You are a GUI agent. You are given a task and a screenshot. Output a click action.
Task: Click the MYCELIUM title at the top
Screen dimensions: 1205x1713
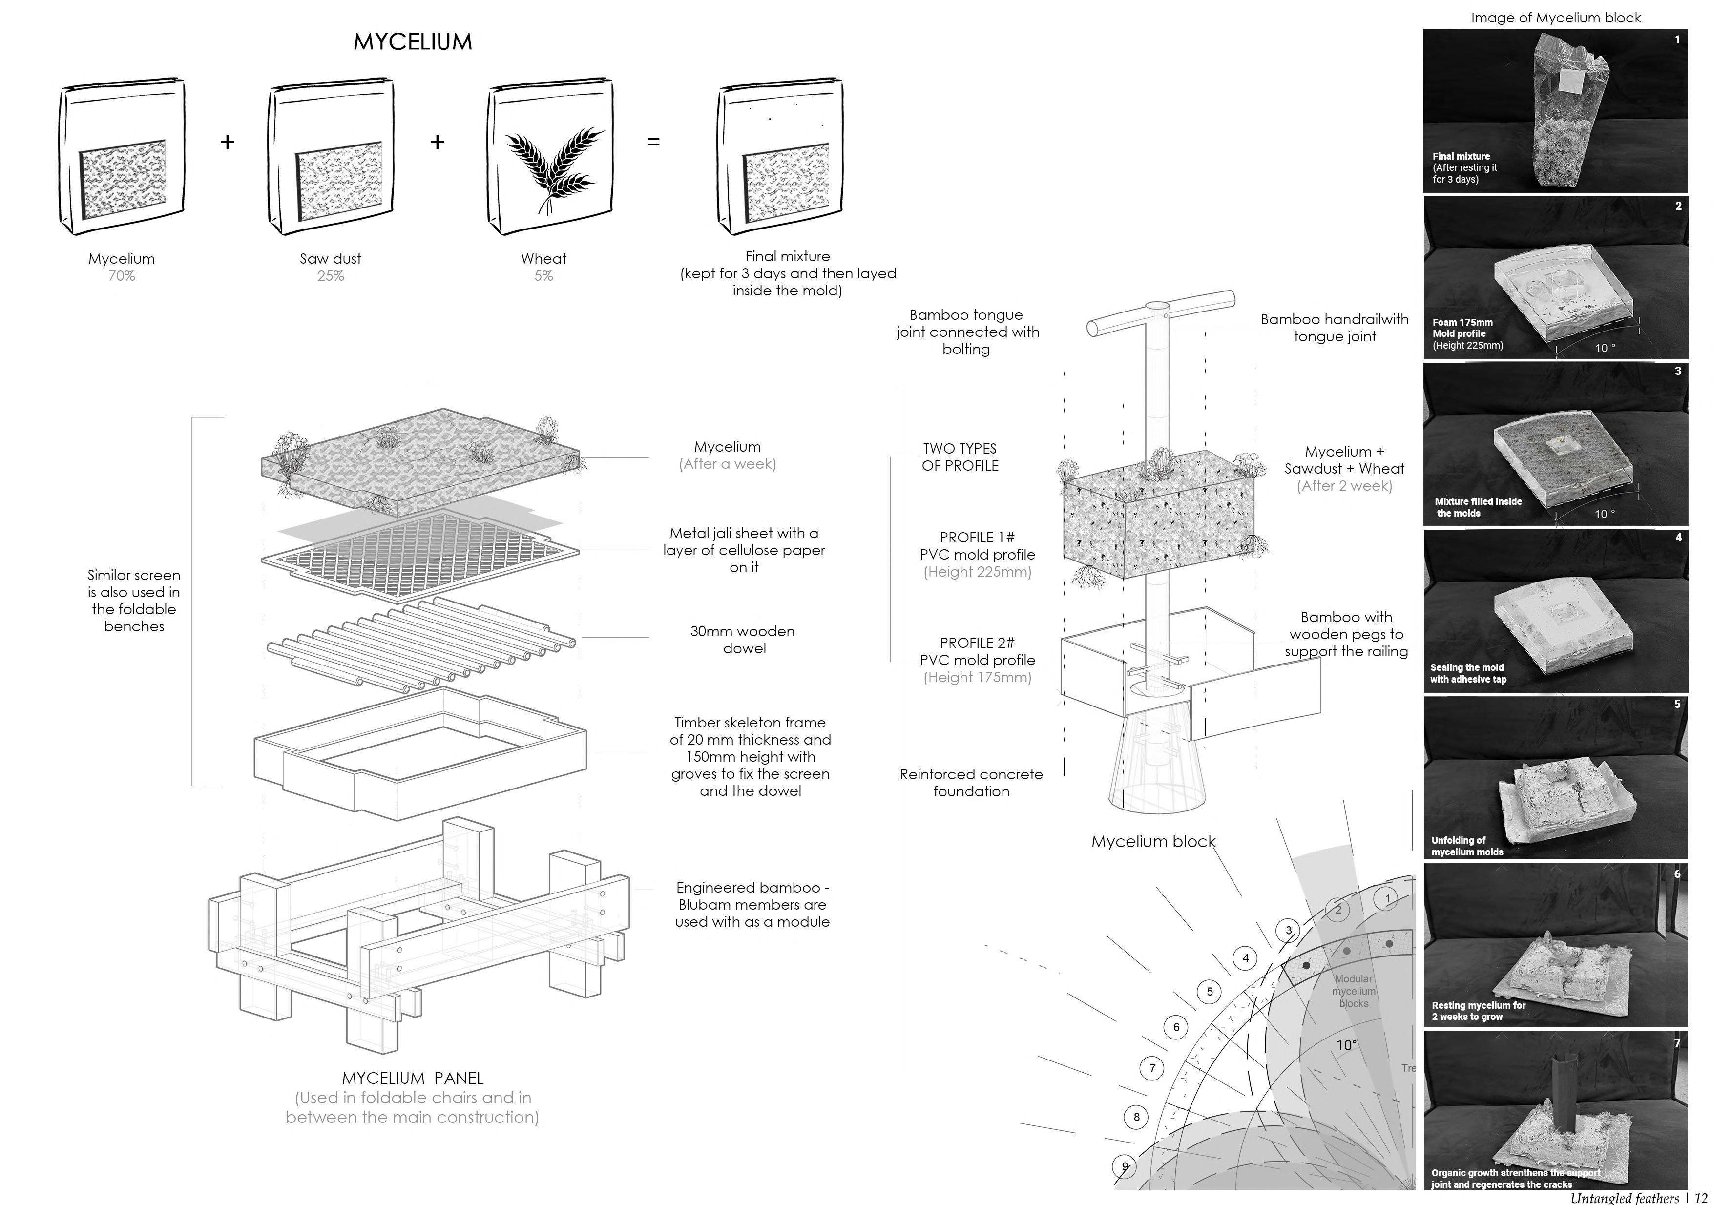pyautogui.click(x=413, y=42)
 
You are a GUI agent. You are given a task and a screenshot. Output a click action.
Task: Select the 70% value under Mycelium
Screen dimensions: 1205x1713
pyautogui.click(x=122, y=276)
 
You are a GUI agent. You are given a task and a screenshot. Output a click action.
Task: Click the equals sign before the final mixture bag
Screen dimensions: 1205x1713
pyautogui.click(x=653, y=142)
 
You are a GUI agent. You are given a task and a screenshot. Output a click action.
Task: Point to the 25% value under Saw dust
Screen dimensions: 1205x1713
pyautogui.click(x=331, y=276)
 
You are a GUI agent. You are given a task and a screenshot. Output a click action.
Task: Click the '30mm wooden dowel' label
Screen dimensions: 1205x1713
pyautogui.click(x=743, y=640)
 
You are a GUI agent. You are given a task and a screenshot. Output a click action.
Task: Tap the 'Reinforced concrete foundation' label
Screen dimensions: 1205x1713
pyautogui.click(x=971, y=783)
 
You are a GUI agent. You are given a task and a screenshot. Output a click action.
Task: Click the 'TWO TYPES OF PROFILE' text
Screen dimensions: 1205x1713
pyautogui.click(x=960, y=457)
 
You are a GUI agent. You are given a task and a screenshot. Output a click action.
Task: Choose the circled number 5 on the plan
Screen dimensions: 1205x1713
pyautogui.click(x=1210, y=992)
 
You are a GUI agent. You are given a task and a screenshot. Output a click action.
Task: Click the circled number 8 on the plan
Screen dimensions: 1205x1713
pyautogui.click(x=1136, y=1117)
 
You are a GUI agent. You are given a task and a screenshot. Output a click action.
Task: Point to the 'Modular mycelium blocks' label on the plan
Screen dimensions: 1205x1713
pyautogui.click(x=1354, y=991)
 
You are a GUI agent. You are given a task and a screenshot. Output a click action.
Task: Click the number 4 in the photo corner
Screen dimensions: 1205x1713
pyautogui.click(x=1678, y=537)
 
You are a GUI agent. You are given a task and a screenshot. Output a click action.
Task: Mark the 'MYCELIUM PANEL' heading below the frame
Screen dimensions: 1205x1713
pyautogui.click(x=413, y=1078)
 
